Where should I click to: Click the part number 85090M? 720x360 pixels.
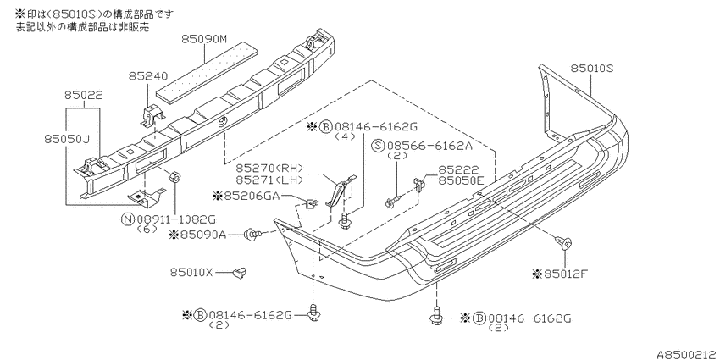click(x=204, y=40)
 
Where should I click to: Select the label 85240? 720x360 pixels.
click(x=148, y=75)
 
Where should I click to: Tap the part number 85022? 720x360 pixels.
click(x=84, y=96)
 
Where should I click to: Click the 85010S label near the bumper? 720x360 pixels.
click(x=592, y=69)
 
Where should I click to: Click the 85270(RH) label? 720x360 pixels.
click(x=270, y=168)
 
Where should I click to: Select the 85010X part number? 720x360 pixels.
click(x=192, y=273)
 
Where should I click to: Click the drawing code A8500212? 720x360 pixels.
click(x=686, y=354)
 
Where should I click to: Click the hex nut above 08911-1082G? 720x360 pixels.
click(x=174, y=177)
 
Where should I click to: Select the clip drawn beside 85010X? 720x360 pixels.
click(x=238, y=273)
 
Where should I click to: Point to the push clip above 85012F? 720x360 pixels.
click(x=564, y=242)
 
